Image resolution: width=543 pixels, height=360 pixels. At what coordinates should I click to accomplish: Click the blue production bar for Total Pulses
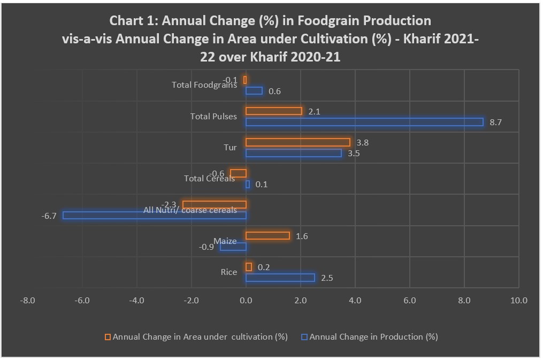[364, 122]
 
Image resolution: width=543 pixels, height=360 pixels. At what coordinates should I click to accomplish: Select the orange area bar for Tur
[298, 142]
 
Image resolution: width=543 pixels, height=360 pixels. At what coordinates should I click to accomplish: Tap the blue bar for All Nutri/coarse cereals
[155, 215]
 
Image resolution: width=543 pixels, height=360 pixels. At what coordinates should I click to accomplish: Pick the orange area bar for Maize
[267, 236]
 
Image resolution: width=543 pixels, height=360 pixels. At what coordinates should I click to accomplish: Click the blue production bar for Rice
[280, 278]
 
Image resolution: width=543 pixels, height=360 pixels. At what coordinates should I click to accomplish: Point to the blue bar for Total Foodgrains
[254, 91]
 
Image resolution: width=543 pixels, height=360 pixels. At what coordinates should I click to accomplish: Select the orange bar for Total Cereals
[238, 173]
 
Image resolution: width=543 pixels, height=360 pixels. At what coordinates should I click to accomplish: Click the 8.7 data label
[495, 122]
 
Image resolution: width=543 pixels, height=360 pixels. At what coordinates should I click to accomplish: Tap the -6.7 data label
[49, 216]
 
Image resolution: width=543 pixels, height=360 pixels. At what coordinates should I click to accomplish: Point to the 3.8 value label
[362, 143]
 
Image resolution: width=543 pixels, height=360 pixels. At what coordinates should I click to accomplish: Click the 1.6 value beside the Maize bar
[302, 236]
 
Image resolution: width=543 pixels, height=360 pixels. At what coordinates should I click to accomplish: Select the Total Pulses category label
[213, 116]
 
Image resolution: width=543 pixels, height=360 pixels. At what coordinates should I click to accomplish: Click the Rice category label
[229, 272]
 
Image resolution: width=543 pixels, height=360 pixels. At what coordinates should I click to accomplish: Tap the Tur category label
[230, 147]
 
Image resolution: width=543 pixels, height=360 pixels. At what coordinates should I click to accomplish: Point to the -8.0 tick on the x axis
[27, 301]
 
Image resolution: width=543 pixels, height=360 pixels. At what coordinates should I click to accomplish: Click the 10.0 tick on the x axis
[518, 301]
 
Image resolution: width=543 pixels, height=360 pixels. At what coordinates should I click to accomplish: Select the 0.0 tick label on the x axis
[246, 301]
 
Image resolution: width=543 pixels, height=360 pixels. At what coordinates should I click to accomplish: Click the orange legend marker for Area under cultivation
[108, 337]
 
